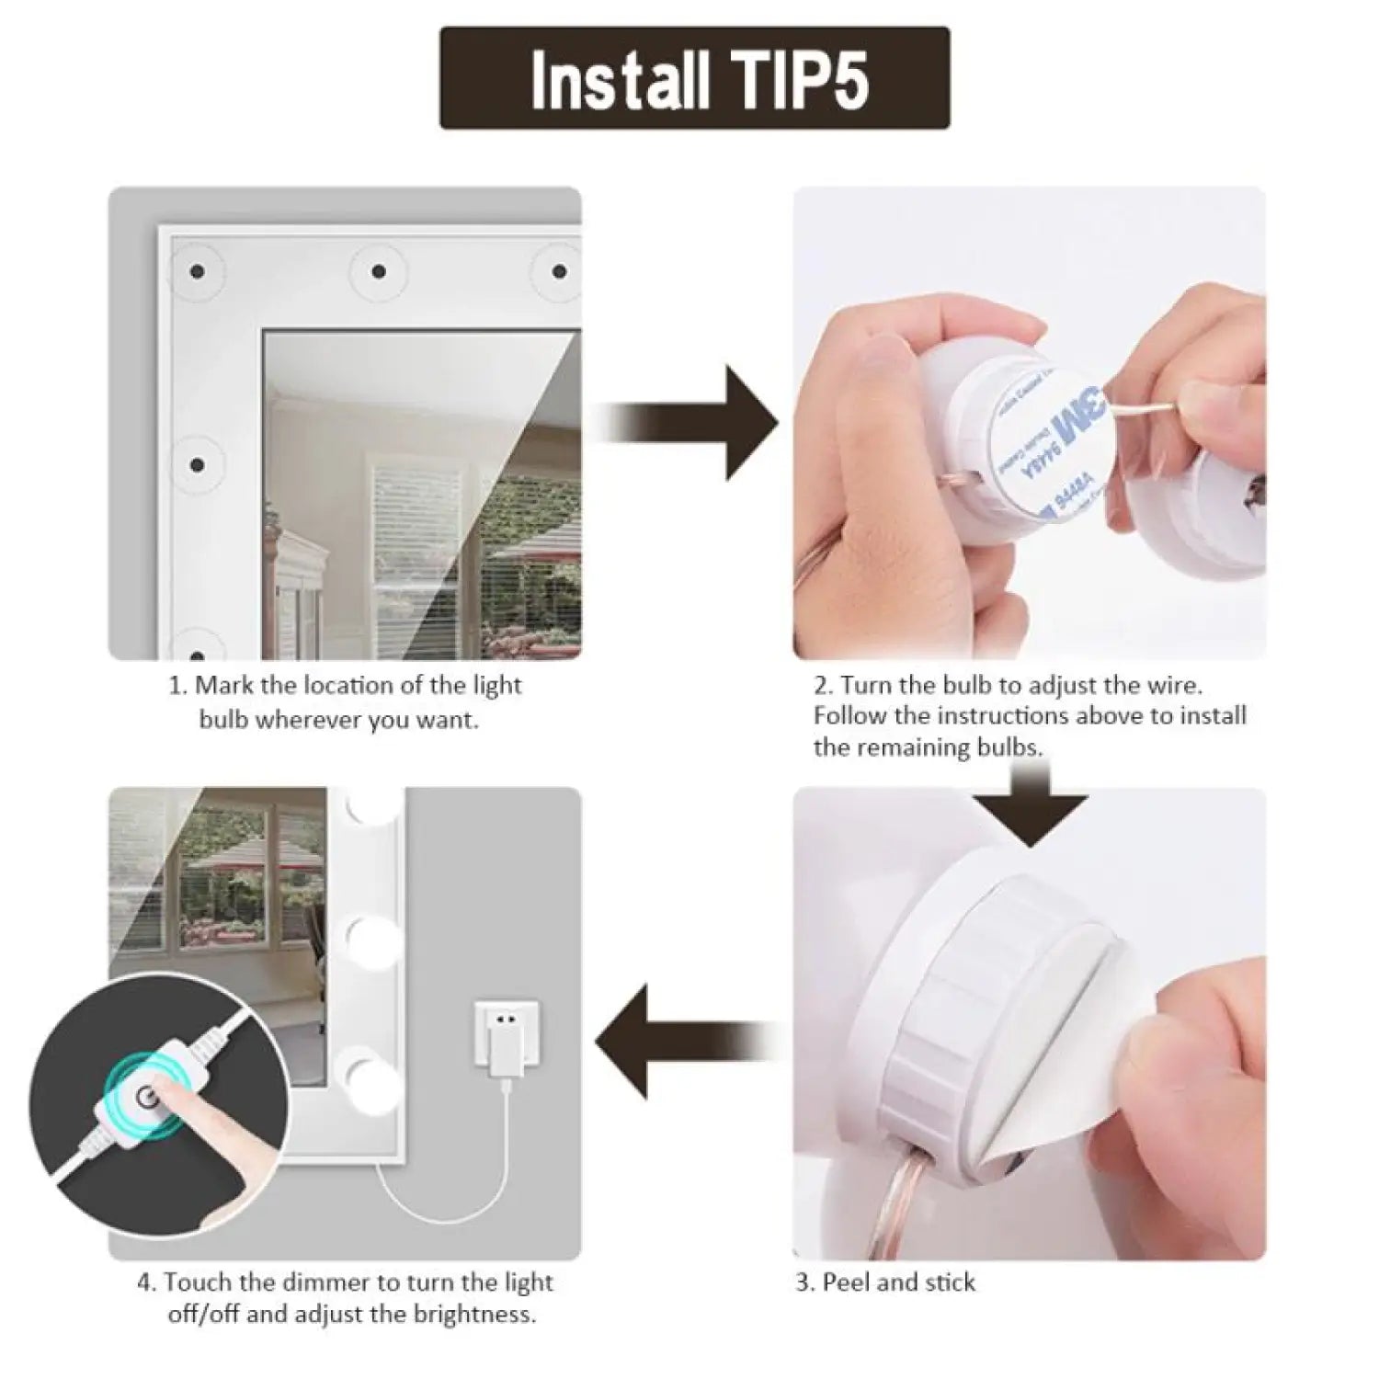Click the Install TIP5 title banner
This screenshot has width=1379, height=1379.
tap(694, 78)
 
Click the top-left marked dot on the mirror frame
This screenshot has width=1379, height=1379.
tap(197, 271)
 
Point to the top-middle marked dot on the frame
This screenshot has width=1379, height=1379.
tap(378, 271)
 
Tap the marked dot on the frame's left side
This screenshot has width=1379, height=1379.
tap(197, 464)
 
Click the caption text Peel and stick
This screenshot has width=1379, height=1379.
tap(897, 1282)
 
